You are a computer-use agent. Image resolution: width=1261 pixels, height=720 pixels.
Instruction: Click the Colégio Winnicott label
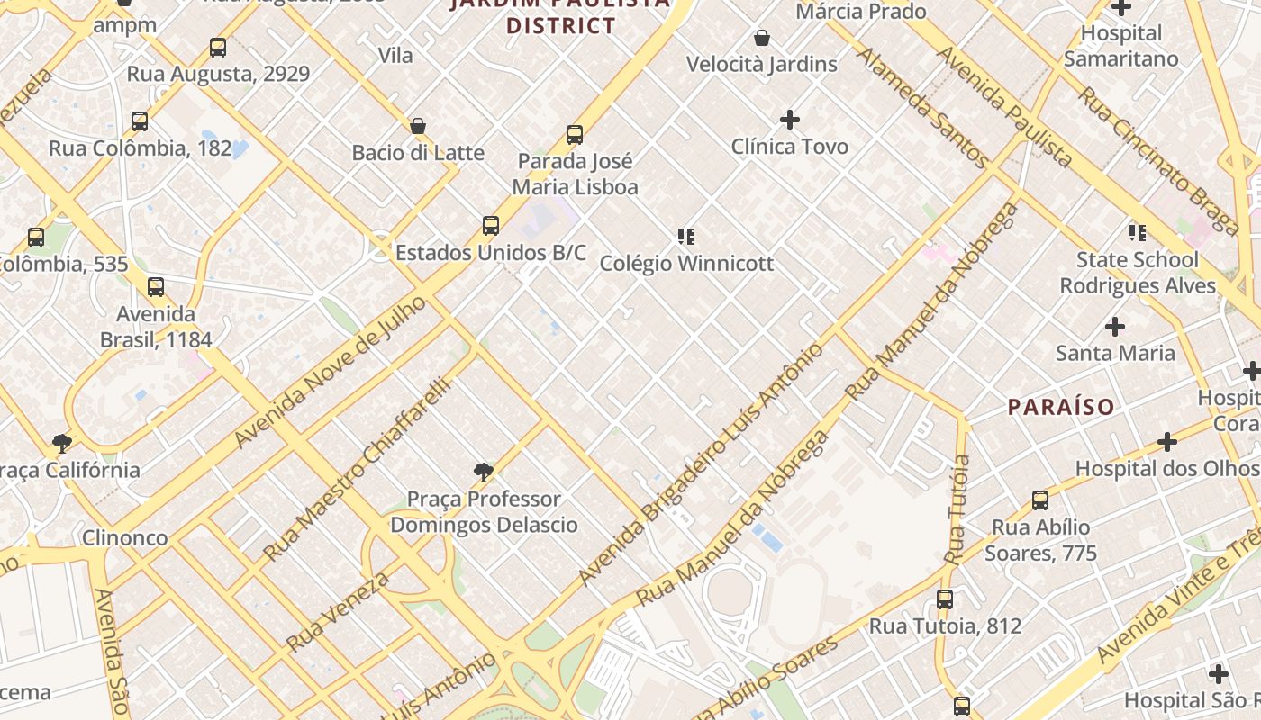click(x=686, y=264)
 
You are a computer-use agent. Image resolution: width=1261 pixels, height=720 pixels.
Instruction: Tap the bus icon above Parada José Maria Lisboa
click(x=575, y=135)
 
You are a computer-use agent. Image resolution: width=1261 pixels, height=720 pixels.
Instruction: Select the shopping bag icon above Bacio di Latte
click(x=418, y=126)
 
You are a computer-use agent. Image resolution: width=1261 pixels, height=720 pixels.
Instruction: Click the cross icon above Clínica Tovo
click(x=790, y=120)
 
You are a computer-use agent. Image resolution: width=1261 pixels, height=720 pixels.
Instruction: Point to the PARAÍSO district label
click(x=1061, y=407)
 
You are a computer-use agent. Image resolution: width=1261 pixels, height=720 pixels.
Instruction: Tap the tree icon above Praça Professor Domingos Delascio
click(x=484, y=472)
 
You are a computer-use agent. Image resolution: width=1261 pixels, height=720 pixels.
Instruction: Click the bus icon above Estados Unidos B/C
click(x=491, y=225)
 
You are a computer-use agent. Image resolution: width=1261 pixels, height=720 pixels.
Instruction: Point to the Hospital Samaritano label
click(x=1120, y=46)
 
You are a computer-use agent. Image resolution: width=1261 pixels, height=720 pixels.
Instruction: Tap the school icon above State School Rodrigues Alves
click(x=1138, y=233)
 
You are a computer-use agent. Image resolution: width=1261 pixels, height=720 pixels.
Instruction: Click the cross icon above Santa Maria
click(x=1115, y=327)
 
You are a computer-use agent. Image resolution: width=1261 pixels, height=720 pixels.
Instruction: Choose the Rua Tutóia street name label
click(x=957, y=509)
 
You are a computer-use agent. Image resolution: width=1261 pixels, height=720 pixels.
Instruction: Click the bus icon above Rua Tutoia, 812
click(x=945, y=599)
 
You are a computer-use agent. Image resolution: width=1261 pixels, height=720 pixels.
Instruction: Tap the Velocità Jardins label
click(x=762, y=65)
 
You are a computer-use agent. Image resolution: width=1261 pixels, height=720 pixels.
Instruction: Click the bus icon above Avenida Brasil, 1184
click(x=156, y=287)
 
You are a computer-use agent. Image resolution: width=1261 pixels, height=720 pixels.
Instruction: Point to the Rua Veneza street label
click(x=338, y=611)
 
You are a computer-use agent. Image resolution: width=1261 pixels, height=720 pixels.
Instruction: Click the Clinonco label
click(x=124, y=537)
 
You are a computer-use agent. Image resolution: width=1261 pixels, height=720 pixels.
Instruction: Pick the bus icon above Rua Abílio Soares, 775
click(x=1040, y=500)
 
